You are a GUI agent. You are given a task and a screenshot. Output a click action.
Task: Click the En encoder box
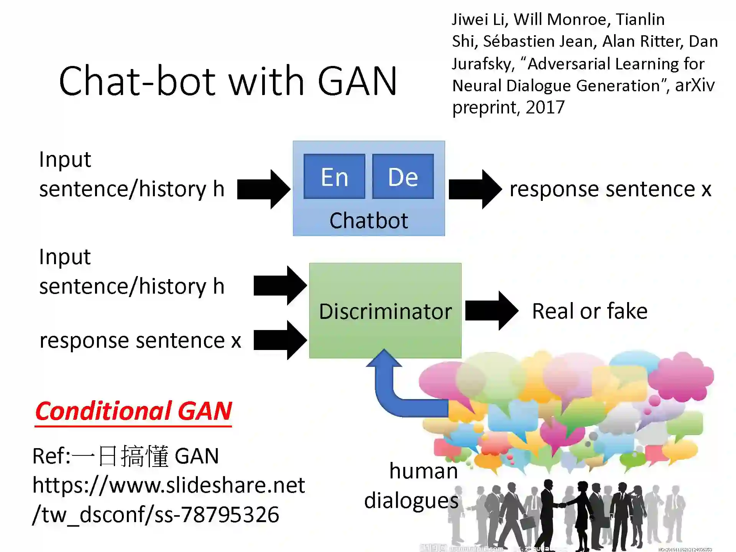[x=334, y=177]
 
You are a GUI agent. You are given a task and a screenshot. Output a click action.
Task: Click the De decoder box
[x=403, y=177]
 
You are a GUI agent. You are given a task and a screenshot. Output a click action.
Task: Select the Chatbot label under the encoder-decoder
[x=368, y=220]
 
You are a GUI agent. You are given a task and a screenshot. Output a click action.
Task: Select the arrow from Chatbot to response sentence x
[x=475, y=189]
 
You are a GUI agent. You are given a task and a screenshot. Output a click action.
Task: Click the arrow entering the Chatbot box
[x=263, y=189]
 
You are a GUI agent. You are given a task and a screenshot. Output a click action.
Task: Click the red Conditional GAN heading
[x=133, y=411]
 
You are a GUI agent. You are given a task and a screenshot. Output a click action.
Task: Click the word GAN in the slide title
[x=357, y=81]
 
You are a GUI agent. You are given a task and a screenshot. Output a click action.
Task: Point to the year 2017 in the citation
[x=545, y=107]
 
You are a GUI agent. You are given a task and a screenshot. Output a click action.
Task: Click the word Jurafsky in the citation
[x=482, y=64]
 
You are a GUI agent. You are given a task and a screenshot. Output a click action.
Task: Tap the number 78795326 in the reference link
[x=230, y=514]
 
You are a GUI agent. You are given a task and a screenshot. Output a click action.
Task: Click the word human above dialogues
[x=423, y=471]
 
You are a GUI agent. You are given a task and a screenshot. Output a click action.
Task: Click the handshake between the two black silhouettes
[x=562, y=505]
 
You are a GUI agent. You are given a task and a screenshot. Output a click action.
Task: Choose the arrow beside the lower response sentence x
[x=280, y=340]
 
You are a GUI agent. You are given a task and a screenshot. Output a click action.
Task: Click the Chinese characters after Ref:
[x=120, y=456]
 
